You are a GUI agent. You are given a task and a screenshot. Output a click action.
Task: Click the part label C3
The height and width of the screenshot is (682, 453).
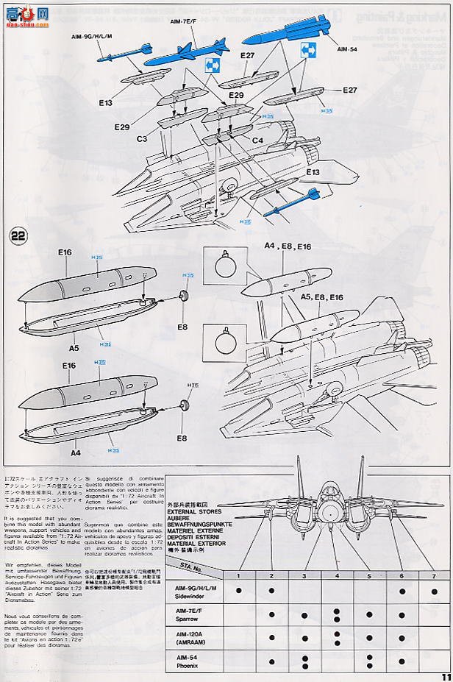[x=143, y=138]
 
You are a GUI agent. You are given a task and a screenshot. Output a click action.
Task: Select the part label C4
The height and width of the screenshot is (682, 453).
[x=257, y=140]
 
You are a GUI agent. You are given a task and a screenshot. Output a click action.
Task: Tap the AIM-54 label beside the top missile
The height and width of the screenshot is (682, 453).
[x=346, y=49]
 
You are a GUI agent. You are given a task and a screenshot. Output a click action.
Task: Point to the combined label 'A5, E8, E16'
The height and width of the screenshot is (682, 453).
[x=321, y=296]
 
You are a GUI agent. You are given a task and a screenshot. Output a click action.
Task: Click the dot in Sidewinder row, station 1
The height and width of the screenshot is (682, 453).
[x=239, y=591]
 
